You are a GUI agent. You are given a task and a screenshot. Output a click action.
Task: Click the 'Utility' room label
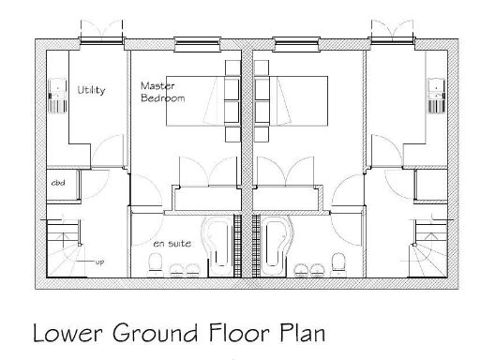point(91,90)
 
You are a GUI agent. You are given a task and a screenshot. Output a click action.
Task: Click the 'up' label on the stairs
point(98,262)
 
